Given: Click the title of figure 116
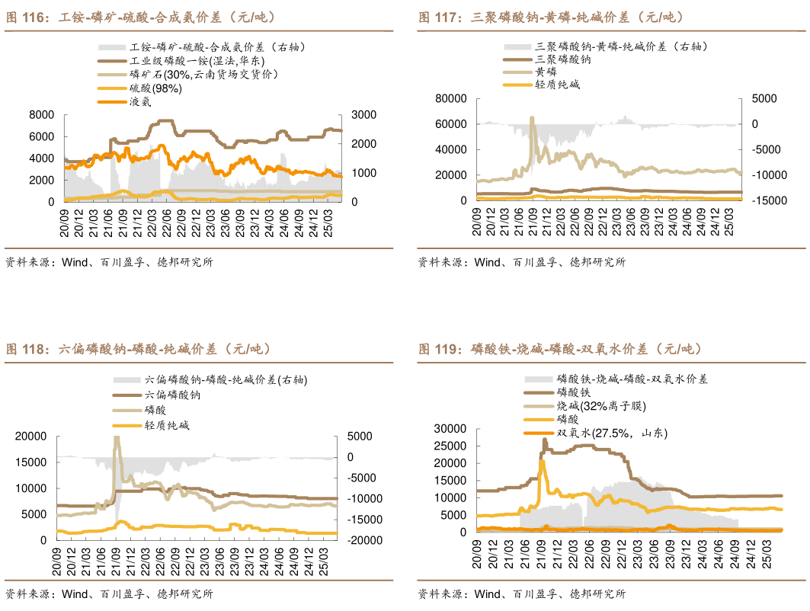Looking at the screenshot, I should pyautogui.click(x=140, y=17).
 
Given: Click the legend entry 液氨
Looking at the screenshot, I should pyautogui.click(x=141, y=101).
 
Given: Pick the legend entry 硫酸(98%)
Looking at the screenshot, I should pyautogui.click(x=155, y=88).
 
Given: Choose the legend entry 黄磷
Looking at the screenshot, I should pyautogui.click(x=546, y=71).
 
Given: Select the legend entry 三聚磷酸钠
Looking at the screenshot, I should pyautogui.click(x=563, y=59).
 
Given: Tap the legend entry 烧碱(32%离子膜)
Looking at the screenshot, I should pyautogui.click(x=601, y=405).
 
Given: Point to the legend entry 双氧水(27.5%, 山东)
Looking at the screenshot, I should pyautogui.click(x=611, y=433).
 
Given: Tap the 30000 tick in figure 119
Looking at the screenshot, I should pyautogui.click(x=450, y=428).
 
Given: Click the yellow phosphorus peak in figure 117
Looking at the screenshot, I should pyautogui.click(x=532, y=118).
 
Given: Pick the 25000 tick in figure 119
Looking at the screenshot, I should pyautogui.click(x=450, y=446).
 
